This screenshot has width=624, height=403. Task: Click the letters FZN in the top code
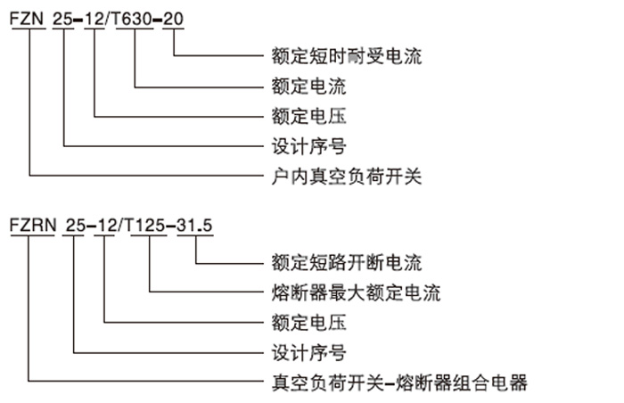click(29, 19)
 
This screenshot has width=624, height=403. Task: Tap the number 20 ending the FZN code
click(174, 19)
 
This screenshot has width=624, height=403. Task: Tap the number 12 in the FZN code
click(95, 19)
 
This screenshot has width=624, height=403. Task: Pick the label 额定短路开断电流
click(346, 263)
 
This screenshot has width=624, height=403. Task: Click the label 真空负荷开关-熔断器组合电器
click(399, 382)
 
